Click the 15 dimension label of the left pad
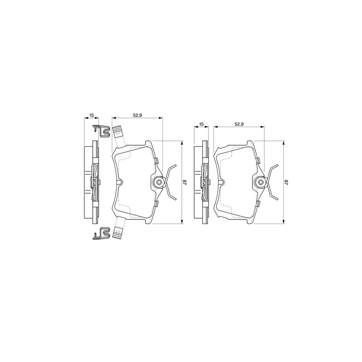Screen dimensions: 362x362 (x=92, y=115)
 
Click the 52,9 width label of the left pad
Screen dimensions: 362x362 (x=137, y=115)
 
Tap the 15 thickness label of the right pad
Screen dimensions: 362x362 (x=201, y=124)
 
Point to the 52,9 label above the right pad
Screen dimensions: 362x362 (x=239, y=124)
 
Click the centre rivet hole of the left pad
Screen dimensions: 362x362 (x=159, y=182)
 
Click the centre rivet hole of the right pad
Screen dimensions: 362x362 (x=261, y=182)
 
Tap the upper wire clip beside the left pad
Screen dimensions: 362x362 (x=101, y=131)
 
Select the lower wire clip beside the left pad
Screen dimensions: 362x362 (x=101, y=233)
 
